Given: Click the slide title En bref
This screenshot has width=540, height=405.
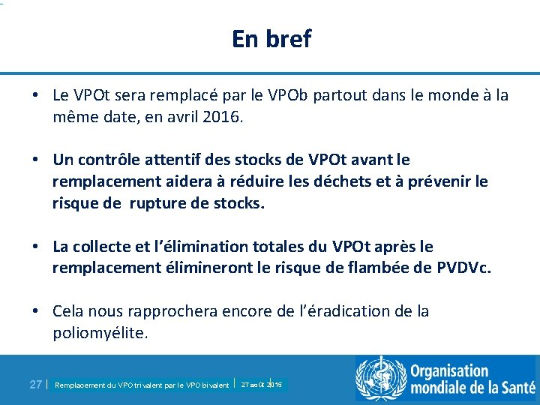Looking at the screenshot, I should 271,38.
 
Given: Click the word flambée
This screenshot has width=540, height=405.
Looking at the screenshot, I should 364,268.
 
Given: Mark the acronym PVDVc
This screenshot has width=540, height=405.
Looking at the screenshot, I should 463,268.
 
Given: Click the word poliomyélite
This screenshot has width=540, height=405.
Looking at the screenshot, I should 100,333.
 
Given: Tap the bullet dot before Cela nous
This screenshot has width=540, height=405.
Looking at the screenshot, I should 36,311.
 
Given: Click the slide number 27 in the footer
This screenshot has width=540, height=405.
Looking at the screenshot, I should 35,384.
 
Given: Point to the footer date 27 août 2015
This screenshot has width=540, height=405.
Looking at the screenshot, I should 261,384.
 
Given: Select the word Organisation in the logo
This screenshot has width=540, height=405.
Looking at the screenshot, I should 448,371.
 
